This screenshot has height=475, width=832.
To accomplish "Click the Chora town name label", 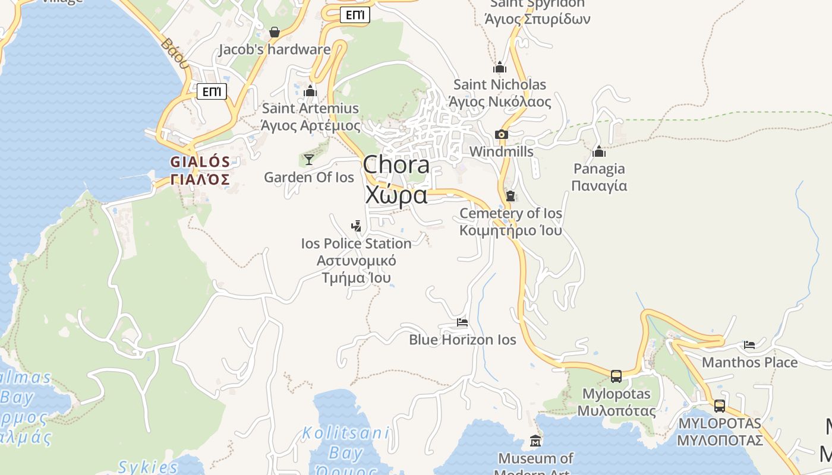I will point(396,165).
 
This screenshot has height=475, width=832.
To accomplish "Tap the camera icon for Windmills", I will point(502,134).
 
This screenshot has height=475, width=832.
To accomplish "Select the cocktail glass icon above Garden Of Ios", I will point(309,159).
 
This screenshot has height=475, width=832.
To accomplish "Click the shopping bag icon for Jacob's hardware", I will point(275,32).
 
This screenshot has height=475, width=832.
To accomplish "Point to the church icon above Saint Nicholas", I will point(500,67).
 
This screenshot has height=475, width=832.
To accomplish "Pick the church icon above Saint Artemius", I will point(310,91).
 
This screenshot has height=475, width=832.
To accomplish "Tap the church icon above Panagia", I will point(599,151).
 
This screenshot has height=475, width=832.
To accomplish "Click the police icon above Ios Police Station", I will point(356,226).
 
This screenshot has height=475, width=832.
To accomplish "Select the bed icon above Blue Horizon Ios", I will point(462,322).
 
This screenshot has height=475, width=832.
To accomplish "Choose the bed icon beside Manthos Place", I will point(749,344).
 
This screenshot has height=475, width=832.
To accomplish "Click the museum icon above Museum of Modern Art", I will point(535,441).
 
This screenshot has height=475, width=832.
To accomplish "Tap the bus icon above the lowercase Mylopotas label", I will point(616,376).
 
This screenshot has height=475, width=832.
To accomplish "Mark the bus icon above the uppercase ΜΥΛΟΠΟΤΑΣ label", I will point(720,406).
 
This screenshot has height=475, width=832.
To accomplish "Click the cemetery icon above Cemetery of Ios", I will point(510,195).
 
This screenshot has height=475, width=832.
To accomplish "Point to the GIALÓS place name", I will point(200,162).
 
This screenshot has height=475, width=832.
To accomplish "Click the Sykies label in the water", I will point(148,467).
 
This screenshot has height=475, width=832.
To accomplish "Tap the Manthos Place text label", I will point(749,362).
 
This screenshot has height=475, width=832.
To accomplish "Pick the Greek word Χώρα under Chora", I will point(396,195).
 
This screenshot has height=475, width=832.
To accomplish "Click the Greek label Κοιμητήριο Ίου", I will point(510,230).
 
